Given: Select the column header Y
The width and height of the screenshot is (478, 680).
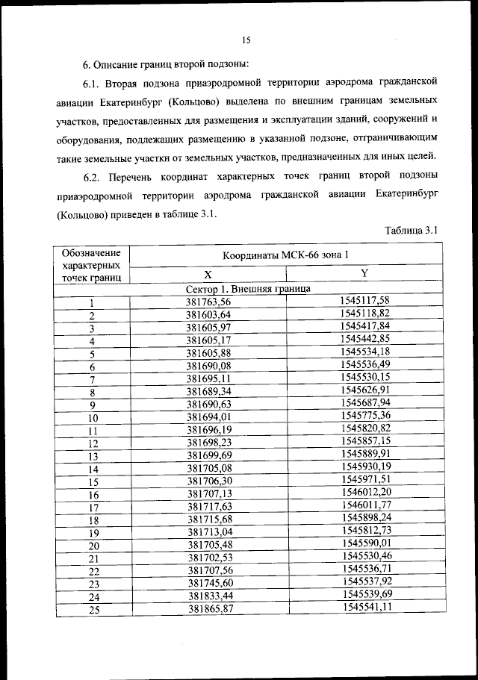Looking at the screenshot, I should click(364, 273).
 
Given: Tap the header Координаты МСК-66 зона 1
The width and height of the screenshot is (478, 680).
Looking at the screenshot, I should click(282, 255).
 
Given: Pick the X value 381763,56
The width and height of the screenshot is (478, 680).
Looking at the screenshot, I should click(208, 302).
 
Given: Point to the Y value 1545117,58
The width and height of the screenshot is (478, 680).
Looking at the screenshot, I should click(364, 300).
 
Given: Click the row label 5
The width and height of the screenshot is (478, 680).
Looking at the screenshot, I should click(93, 355).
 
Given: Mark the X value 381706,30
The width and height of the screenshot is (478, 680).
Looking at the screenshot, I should click(209, 481).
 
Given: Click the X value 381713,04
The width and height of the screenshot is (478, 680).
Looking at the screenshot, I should click(210, 532).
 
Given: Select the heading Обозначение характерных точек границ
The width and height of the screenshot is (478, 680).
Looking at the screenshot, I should click(92, 265).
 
